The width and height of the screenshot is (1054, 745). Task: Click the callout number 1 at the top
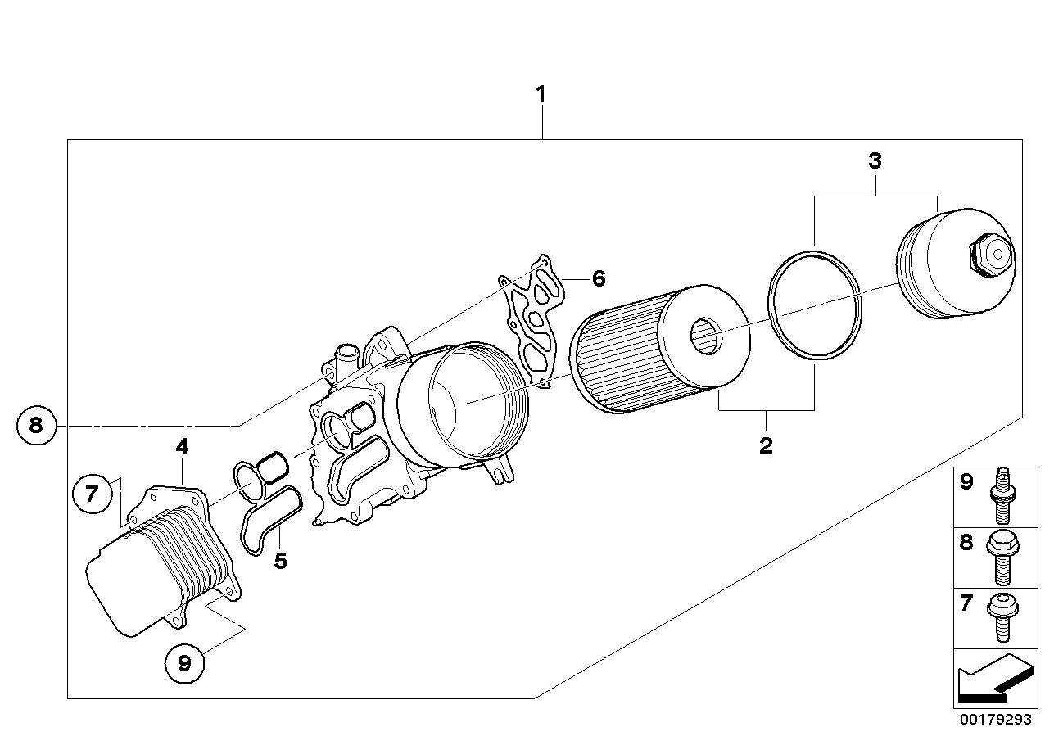coord(540,94)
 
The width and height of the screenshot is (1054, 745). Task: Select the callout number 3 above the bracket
coord(875,161)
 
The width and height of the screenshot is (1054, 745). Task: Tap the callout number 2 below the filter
coord(766,445)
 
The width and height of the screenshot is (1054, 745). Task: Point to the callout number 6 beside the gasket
coord(599,278)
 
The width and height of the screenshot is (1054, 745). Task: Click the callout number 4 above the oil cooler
coord(181,447)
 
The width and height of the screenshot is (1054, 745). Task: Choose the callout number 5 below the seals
coord(280,562)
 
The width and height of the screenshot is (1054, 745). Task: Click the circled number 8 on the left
coord(34,425)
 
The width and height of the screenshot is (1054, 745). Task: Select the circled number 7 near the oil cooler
coord(91,493)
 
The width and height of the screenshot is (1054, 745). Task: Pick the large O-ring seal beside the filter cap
coord(815,305)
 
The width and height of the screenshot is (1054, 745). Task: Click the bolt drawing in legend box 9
coord(1002,497)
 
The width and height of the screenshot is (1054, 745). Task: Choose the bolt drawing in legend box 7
coord(1002,618)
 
